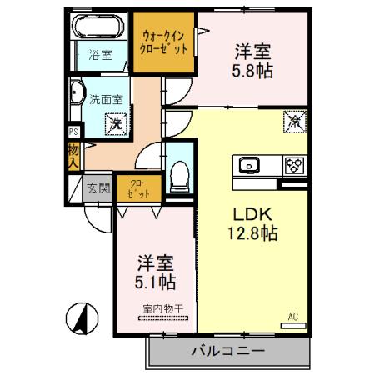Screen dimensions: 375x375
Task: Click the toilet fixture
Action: pyautogui.click(x=177, y=172)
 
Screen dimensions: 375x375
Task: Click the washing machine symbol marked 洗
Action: pyautogui.click(x=114, y=123)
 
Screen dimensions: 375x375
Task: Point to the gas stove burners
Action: pyautogui.click(x=292, y=164)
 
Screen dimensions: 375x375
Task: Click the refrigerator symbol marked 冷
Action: pyautogui.click(x=294, y=122)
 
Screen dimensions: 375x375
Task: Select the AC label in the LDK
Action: pyautogui.click(x=292, y=316)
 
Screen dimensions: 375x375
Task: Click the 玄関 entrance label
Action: pyautogui.click(x=98, y=187)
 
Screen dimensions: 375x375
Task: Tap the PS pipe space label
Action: pyautogui.click(x=73, y=131)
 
